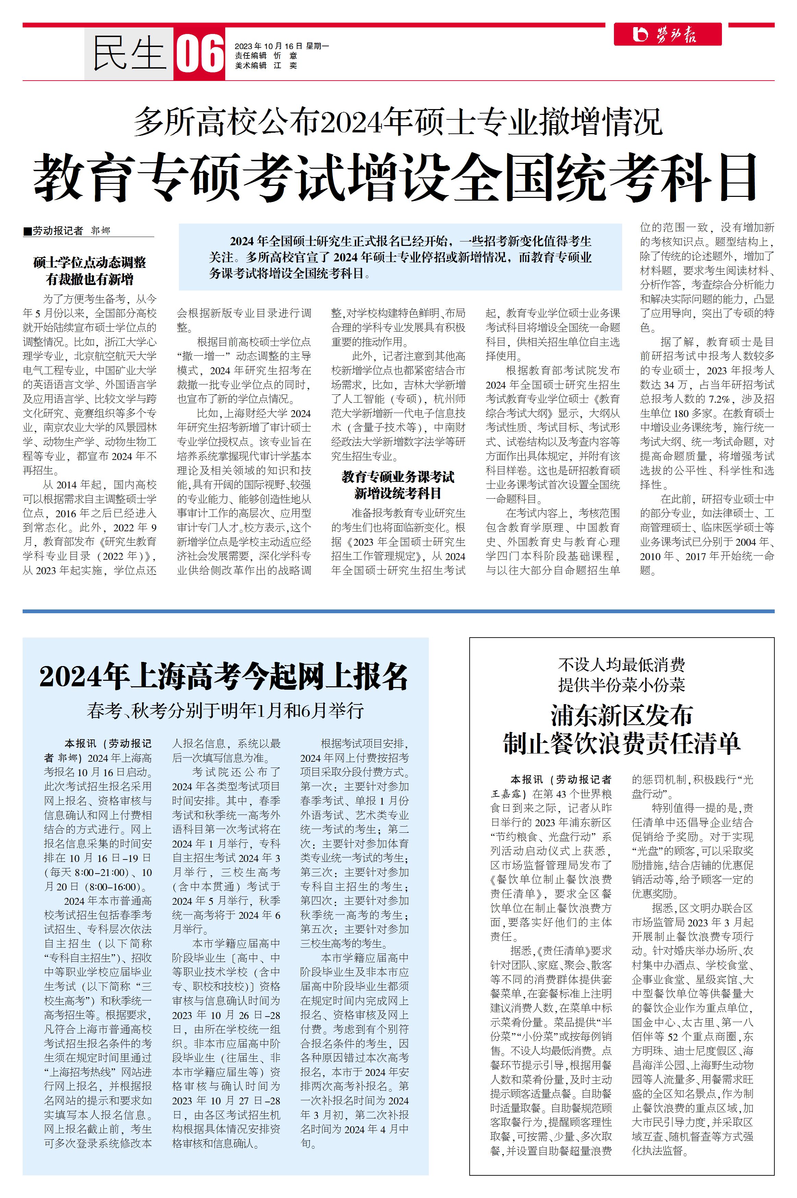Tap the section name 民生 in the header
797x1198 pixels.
pos(129,54)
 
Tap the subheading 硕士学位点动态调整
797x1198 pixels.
pos(89,262)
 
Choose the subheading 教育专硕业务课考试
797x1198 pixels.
pos(398,477)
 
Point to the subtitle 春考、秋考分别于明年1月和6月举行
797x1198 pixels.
pos(225,710)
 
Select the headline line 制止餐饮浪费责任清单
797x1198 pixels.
pos(621,744)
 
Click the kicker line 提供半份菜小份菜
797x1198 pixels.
pos(621,685)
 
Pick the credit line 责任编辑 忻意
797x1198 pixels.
pos(266,56)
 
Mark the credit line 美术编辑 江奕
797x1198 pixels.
pos(266,66)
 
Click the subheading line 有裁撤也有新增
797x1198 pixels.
pos(89,279)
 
